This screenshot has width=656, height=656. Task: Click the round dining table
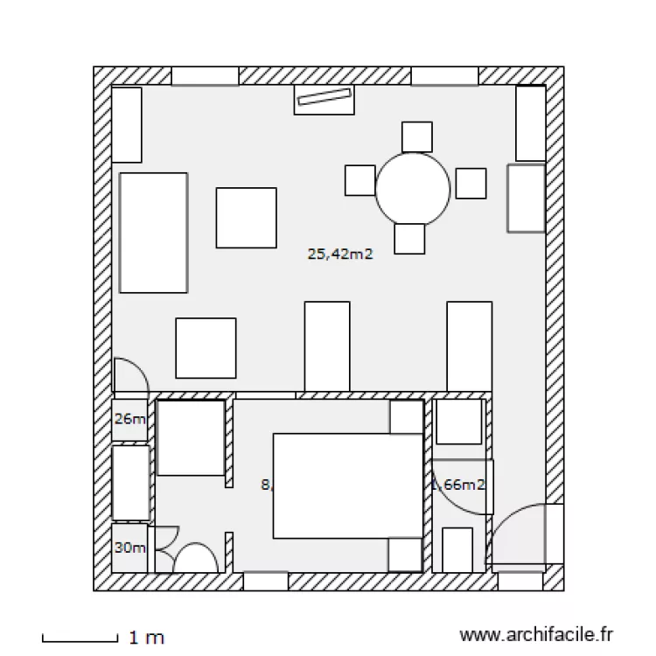(413, 187)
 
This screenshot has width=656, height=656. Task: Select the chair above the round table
(416, 136)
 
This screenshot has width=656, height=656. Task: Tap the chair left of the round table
(359, 179)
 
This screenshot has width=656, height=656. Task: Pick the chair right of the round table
(471, 183)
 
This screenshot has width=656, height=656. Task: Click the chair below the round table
(409, 238)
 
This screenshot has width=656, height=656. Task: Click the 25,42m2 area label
(340, 255)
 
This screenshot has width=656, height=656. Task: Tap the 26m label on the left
(129, 419)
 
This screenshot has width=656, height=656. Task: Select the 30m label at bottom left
(129, 548)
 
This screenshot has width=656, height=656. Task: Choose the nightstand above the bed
(407, 417)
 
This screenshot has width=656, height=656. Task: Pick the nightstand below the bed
(406, 555)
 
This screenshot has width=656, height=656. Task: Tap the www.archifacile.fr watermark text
(536, 636)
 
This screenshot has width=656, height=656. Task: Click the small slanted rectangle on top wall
(324, 99)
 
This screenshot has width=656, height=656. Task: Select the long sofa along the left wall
(154, 232)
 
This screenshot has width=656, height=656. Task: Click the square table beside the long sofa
(246, 218)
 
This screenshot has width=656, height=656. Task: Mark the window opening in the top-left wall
(205, 77)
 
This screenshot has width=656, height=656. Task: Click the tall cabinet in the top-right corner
(530, 123)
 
